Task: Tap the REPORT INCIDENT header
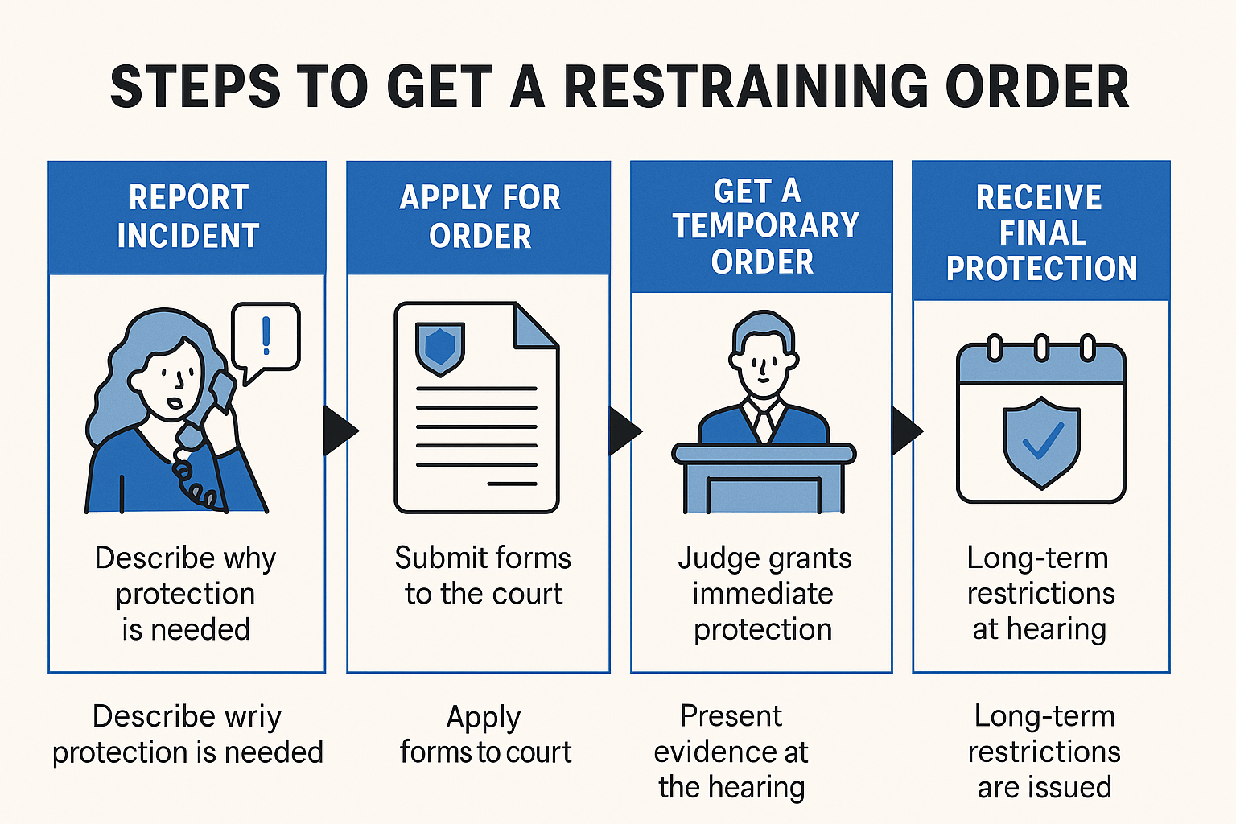(x=187, y=216)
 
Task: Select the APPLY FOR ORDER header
(x=480, y=216)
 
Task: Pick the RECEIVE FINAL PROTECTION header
(x=1041, y=233)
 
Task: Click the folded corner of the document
(x=534, y=327)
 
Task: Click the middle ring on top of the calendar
(x=1041, y=348)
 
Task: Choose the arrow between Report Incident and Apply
(x=338, y=431)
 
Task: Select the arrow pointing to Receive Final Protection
(x=907, y=431)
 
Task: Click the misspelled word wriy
(x=249, y=716)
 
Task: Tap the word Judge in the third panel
(x=715, y=558)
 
